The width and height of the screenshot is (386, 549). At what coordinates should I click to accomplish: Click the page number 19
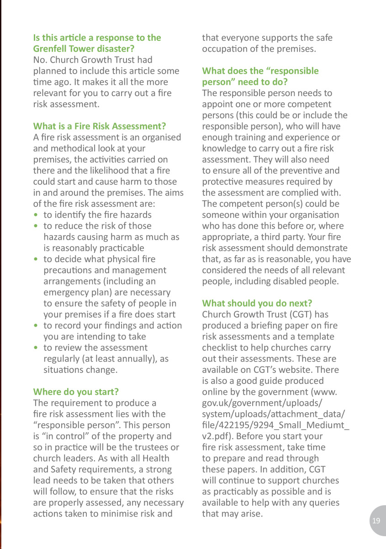(376, 521)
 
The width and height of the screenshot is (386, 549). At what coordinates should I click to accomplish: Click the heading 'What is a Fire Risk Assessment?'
(100, 126)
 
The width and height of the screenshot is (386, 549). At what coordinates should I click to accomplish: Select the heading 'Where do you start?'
(76, 392)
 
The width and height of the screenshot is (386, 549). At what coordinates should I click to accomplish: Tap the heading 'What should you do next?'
(257, 303)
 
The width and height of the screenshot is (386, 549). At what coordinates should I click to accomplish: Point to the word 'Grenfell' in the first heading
(51, 48)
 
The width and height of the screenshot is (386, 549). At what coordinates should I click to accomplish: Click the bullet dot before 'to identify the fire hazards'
(36, 215)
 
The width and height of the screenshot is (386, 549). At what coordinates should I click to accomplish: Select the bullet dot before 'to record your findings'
(36, 326)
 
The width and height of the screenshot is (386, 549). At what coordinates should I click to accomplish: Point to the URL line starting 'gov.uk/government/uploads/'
(262, 403)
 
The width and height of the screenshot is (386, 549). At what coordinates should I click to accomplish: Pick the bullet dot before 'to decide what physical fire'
(36, 259)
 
